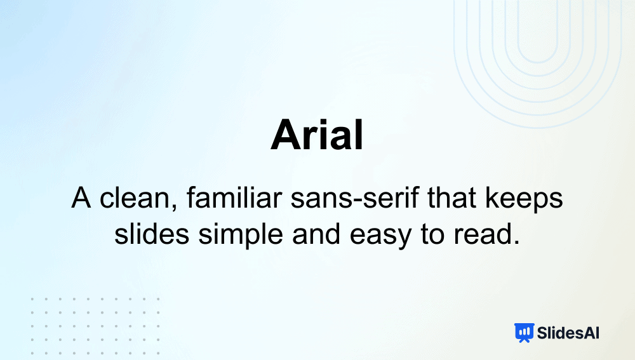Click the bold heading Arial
coord(317,135)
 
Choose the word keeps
coord(524,200)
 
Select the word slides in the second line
coord(152,234)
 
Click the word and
coord(316,234)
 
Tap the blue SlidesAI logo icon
coord(524,333)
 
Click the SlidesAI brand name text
coord(568,333)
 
